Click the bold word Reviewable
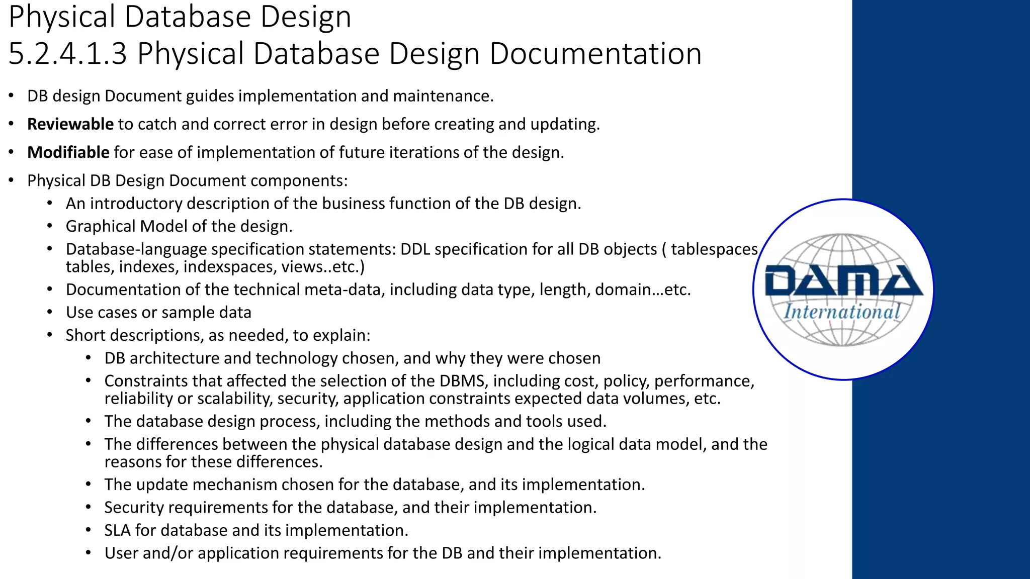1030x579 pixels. coord(70,124)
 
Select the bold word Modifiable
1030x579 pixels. coord(68,152)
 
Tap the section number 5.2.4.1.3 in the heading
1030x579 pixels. coord(68,53)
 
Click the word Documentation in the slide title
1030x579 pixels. coord(595,53)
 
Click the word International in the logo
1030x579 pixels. coord(842,312)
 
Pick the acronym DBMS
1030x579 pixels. coord(462,381)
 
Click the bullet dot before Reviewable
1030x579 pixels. coord(12,124)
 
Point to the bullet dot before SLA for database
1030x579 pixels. coord(89,530)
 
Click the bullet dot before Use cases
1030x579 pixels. coord(50,313)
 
